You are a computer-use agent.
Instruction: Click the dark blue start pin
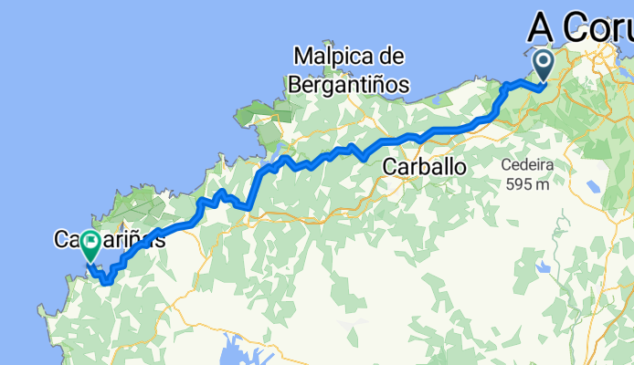544,67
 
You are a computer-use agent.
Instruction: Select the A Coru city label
580,28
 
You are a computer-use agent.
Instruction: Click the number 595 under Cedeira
518,184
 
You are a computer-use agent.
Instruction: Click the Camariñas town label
109,242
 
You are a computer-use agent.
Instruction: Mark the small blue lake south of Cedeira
546,267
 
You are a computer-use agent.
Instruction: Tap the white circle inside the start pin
544,62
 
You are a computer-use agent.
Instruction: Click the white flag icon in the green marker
91,242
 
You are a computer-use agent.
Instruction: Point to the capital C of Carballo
390,168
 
